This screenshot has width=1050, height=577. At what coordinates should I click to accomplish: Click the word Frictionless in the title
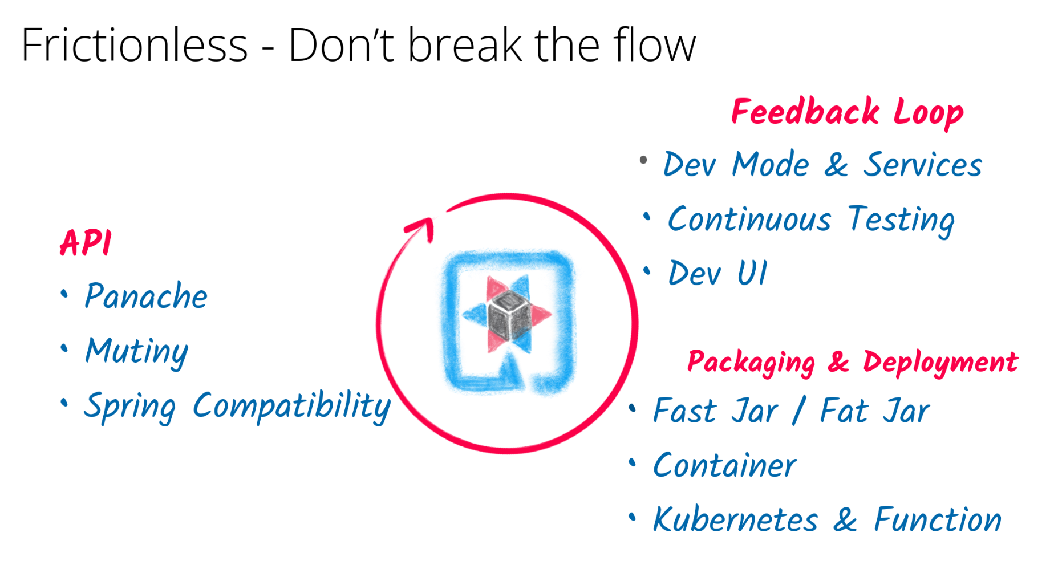click(x=134, y=46)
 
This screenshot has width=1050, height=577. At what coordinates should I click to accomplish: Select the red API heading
click(x=86, y=243)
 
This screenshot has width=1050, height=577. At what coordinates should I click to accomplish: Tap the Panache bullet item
click(x=146, y=296)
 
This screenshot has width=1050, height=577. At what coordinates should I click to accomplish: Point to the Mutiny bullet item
click(x=137, y=351)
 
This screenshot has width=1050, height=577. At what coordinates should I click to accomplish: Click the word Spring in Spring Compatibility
click(x=130, y=407)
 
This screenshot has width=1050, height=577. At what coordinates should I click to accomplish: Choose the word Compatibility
click(x=291, y=406)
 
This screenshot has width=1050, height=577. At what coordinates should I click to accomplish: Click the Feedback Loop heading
click(x=847, y=112)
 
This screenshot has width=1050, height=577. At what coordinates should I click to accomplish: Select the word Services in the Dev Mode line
click(x=922, y=165)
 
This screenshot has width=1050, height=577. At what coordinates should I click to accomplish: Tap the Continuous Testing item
click(x=810, y=220)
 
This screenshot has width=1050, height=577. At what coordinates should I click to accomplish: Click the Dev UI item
click(x=717, y=274)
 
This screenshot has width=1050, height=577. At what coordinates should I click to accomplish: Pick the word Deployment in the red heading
click(x=940, y=363)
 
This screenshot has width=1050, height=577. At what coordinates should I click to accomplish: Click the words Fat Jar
click(x=875, y=411)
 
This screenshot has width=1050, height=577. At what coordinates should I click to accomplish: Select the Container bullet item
click(x=724, y=466)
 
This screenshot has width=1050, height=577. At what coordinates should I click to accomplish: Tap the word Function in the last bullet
click(x=938, y=520)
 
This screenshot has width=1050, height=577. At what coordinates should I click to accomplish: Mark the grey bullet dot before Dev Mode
click(x=643, y=160)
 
